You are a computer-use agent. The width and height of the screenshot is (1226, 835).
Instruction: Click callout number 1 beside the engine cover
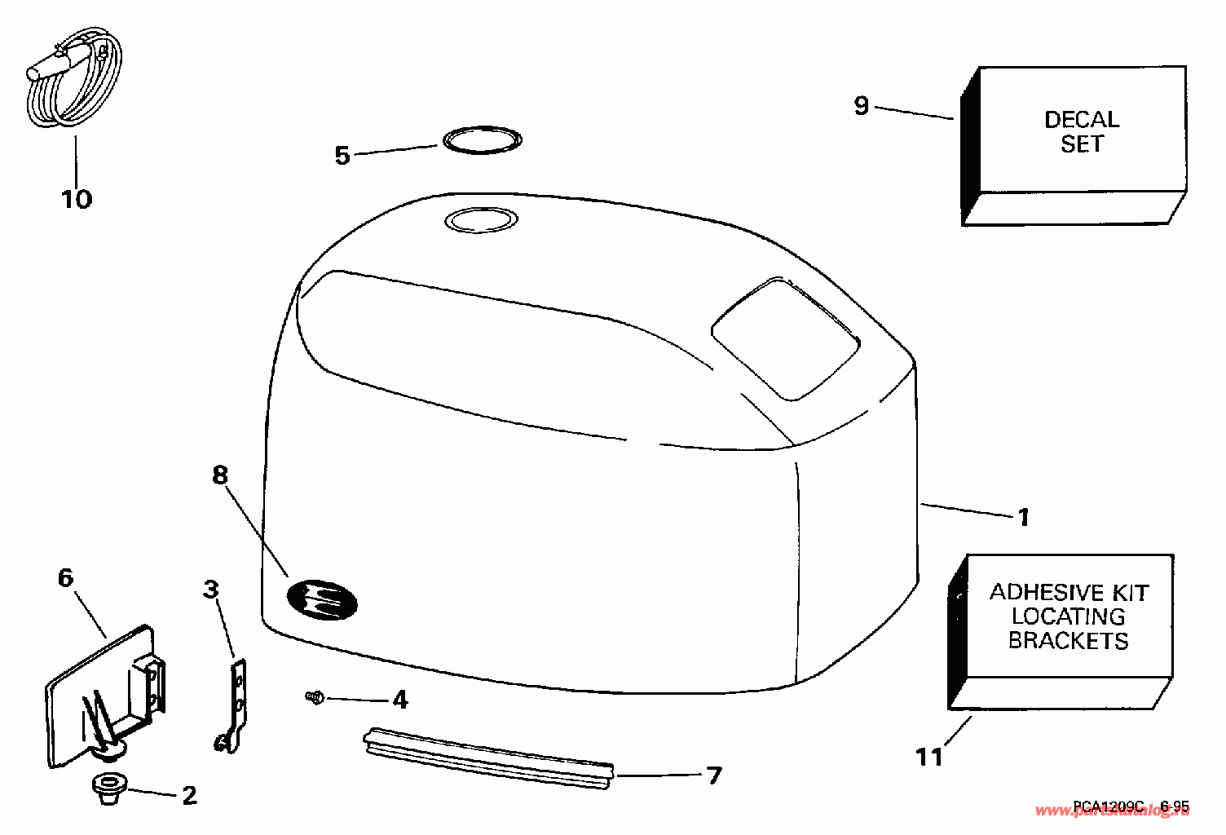(1024, 517)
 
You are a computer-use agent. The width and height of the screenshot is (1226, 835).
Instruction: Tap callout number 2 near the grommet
(189, 795)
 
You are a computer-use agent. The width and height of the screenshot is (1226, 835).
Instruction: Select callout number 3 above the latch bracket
(211, 589)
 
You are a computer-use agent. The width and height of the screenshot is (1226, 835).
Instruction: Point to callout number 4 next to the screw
(399, 700)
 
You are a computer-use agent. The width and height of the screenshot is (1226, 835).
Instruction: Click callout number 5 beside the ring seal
(342, 155)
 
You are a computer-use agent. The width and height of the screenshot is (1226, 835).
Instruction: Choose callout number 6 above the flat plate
(66, 578)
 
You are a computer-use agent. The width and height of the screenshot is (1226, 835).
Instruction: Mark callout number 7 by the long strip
(714, 775)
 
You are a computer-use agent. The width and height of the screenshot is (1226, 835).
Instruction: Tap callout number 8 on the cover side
(220, 475)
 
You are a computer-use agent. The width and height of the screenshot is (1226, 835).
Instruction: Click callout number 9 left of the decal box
(862, 106)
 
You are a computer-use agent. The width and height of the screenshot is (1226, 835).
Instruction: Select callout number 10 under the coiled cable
(77, 199)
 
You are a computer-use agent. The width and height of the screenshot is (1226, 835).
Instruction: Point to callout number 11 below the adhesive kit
(929, 757)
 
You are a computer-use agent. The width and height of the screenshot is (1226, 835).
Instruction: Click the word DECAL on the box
(1082, 120)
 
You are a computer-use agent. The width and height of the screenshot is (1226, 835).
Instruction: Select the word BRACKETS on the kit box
(1068, 641)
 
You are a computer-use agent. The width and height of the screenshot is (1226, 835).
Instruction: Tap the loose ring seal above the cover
(483, 140)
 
